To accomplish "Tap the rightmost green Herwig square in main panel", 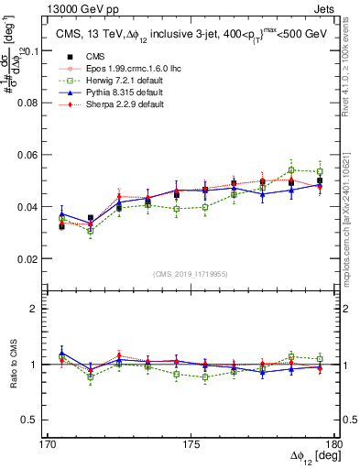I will tap(320, 172).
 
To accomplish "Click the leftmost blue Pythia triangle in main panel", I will tap(61, 213).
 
